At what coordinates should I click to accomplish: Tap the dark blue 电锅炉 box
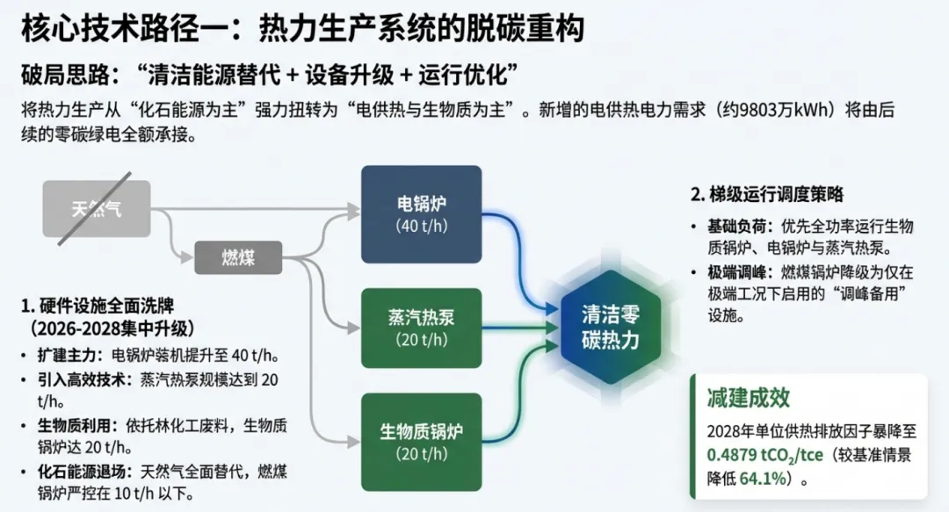421,213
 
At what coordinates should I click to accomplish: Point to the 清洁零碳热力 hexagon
611,328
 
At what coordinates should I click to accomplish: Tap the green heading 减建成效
749,398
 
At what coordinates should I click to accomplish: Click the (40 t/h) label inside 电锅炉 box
421,227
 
